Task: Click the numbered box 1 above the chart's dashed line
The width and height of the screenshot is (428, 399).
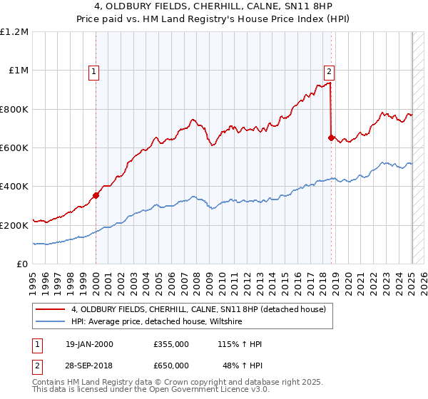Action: (x=96, y=71)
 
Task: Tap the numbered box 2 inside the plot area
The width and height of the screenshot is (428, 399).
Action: (x=329, y=71)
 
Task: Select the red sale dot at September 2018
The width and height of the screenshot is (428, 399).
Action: (x=331, y=138)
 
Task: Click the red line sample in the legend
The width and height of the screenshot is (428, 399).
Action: (x=51, y=309)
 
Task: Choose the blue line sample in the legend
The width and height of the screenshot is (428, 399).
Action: (x=51, y=321)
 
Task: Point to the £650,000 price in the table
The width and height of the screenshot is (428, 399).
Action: (x=171, y=365)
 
